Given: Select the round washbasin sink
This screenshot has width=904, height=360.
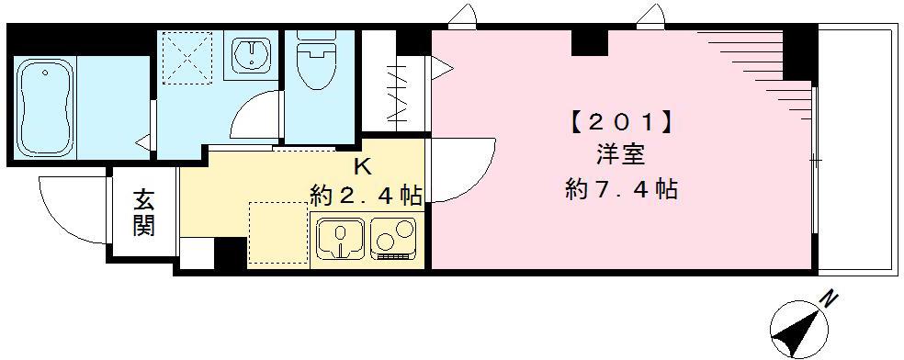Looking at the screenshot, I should [250, 55].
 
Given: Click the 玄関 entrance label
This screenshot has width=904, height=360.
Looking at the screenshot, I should [143, 213].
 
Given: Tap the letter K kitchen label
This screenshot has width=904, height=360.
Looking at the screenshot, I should [364, 167].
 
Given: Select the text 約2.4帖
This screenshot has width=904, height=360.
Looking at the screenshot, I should [366, 195].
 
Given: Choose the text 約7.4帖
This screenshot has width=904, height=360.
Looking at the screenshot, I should [622, 190].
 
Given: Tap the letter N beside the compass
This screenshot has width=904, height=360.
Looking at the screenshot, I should [830, 298].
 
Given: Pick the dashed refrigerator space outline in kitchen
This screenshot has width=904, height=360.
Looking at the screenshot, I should [277, 233].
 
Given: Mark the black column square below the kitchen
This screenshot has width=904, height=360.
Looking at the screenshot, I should [230, 253].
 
